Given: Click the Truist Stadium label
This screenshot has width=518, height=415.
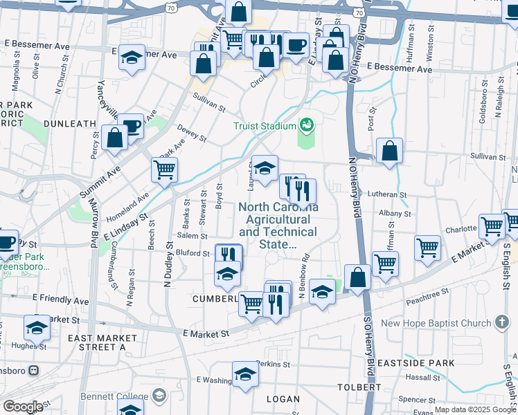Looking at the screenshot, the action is (x=264, y=126).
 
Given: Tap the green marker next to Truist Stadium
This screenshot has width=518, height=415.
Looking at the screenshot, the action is (x=306, y=126).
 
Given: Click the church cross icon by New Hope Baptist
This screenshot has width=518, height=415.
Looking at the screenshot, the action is (x=503, y=323).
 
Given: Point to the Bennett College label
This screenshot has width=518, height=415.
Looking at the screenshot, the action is (x=116, y=396).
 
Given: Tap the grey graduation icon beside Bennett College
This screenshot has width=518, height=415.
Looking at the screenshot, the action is (x=159, y=396).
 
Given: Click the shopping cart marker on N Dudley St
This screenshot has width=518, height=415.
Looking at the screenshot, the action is (x=164, y=170).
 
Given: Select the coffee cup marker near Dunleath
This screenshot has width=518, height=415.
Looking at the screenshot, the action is (x=130, y=126).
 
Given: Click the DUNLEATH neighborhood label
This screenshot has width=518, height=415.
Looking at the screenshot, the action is (x=69, y=124).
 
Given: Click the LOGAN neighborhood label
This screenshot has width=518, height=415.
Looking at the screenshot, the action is (x=283, y=399).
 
